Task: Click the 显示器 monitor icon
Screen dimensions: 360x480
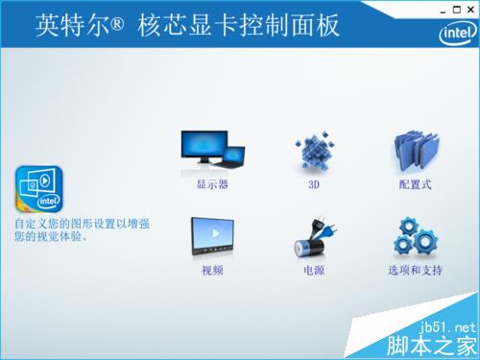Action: [x=212, y=150]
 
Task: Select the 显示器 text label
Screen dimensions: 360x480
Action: [x=212, y=183]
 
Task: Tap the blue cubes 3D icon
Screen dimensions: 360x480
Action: [x=314, y=152]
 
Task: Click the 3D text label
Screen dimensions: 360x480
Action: [x=314, y=183]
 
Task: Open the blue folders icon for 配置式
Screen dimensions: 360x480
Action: [x=416, y=152]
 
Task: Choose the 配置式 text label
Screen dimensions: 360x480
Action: [x=416, y=183]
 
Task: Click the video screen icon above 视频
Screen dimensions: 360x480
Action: [x=212, y=236]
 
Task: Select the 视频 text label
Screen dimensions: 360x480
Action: [x=212, y=271]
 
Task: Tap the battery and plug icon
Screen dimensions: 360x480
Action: [x=314, y=238]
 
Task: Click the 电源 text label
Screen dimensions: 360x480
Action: [x=314, y=271]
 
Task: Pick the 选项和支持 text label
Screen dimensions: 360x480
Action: [x=416, y=271]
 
